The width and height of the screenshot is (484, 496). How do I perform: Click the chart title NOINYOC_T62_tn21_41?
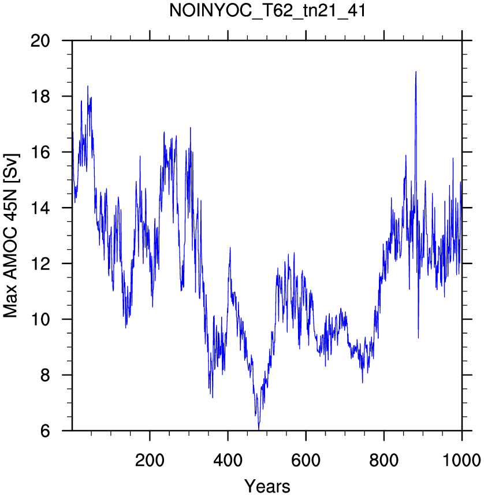pyautogui.click(x=267, y=11)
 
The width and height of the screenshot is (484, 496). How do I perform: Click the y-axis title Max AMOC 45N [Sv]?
pyautogui.click(x=11, y=236)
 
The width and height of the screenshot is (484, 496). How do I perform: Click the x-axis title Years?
pyautogui.click(x=267, y=486)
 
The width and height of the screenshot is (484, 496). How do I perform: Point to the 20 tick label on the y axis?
pyautogui.click(x=40, y=41)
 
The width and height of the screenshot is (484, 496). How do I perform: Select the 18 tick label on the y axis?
pyautogui.click(x=40, y=97)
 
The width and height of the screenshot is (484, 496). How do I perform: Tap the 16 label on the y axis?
pyautogui.click(x=40, y=152)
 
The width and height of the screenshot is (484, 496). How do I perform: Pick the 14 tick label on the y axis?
pyautogui.click(x=40, y=208)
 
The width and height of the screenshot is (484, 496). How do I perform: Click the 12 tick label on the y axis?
pyautogui.click(x=40, y=264)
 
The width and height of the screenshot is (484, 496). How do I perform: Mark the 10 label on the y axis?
pyautogui.click(x=40, y=319)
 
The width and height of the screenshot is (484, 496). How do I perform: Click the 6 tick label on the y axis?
pyautogui.click(x=45, y=431)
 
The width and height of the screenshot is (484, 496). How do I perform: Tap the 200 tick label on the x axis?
pyautogui.click(x=150, y=460)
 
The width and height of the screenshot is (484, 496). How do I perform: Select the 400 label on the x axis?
pyautogui.click(x=228, y=460)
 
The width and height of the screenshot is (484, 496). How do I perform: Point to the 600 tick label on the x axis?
pyautogui.click(x=306, y=460)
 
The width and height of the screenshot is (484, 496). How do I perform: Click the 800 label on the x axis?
pyautogui.click(x=384, y=460)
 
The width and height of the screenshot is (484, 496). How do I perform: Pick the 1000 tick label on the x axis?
pyautogui.click(x=462, y=460)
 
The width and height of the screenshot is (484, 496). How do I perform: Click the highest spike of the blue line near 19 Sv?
pyautogui.click(x=416, y=72)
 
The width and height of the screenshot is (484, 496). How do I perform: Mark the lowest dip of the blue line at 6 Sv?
pyautogui.click(x=259, y=430)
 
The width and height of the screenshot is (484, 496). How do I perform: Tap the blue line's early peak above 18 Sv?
pyautogui.click(x=88, y=86)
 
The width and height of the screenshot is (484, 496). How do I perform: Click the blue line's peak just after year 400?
pyautogui.click(x=230, y=247)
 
